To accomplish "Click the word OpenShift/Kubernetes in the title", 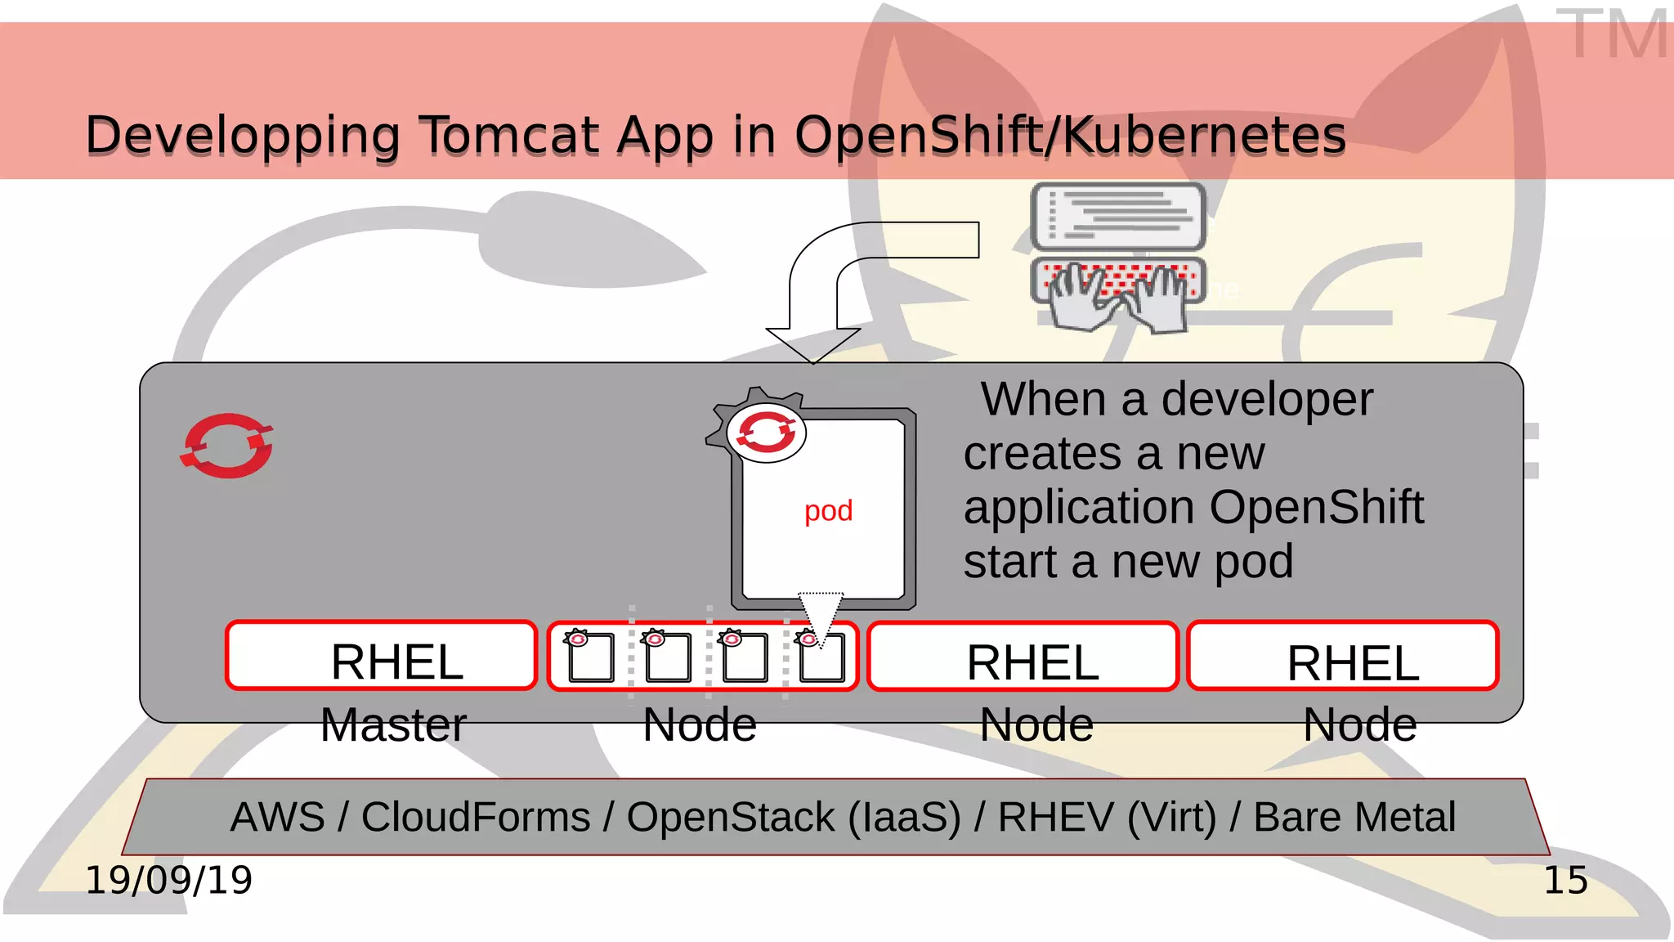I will (1070, 135).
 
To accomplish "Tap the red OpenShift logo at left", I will (227, 446).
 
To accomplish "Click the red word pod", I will (828, 511).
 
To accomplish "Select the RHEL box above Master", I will (382, 657).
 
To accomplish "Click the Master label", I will (393, 725).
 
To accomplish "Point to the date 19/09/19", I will (169, 881).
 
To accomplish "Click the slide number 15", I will (1565, 881).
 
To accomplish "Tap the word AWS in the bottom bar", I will (277, 817).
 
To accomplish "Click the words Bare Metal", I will (1354, 817).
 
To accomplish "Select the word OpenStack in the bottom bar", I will (731, 817).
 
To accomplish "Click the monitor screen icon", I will (1118, 217).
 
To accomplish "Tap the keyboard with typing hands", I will (1118, 293).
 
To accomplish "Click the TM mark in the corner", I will (1610, 34).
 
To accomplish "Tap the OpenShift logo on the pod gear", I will (766, 432).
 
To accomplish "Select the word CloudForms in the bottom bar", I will (476, 817).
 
